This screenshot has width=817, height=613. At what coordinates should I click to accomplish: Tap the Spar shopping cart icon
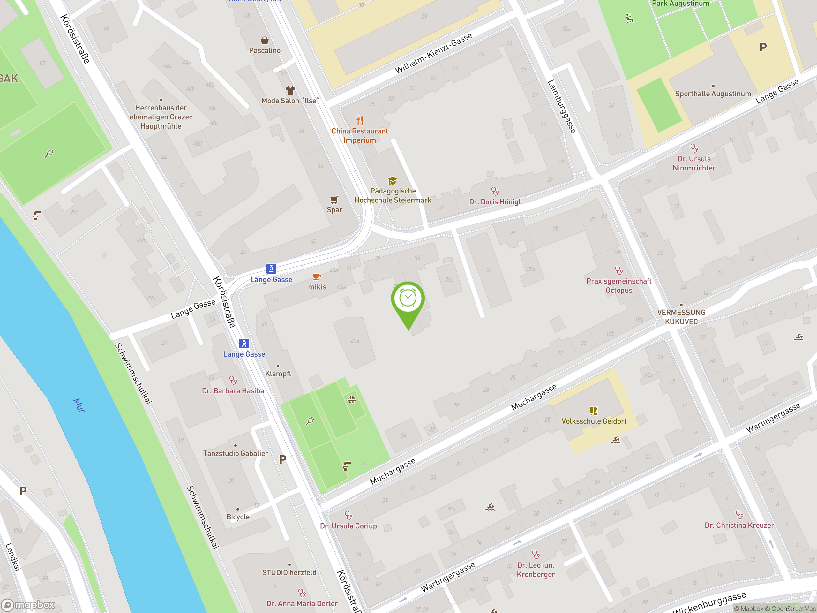[x=334, y=200]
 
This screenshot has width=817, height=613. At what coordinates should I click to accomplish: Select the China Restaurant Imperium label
[x=359, y=136]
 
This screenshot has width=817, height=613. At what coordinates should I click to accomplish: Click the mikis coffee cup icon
[x=317, y=276]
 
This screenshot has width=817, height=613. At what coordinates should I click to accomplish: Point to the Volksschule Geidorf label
[x=594, y=421]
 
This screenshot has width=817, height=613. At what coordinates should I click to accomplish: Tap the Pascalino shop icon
[x=265, y=40]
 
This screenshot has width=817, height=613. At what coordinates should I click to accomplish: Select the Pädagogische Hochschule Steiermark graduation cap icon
[x=392, y=181]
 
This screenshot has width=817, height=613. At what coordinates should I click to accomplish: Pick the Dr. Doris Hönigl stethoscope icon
[x=495, y=191]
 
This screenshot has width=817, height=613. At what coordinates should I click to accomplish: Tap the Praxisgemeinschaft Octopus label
[x=619, y=286]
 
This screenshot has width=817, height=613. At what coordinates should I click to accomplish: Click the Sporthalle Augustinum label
[x=713, y=94]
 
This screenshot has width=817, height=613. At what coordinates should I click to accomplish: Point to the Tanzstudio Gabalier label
[x=235, y=453]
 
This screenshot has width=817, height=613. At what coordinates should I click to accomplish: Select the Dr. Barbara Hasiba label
[x=233, y=390]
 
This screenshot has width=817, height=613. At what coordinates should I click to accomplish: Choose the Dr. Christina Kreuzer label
[x=739, y=525]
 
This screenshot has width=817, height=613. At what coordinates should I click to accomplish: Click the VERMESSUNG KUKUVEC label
[x=681, y=317]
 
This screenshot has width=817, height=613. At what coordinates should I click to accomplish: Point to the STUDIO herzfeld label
[x=289, y=572]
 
